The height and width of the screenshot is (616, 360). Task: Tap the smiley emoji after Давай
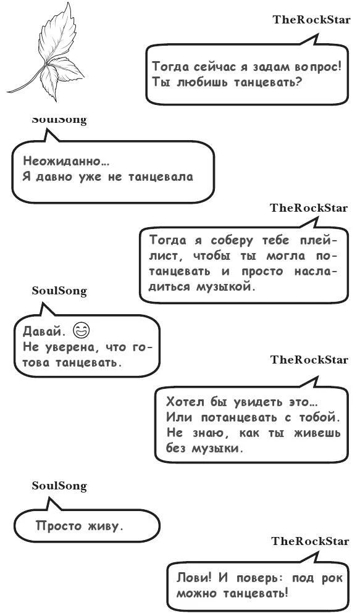tap(81, 330)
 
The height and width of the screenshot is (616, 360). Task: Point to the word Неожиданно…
tap(66, 162)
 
